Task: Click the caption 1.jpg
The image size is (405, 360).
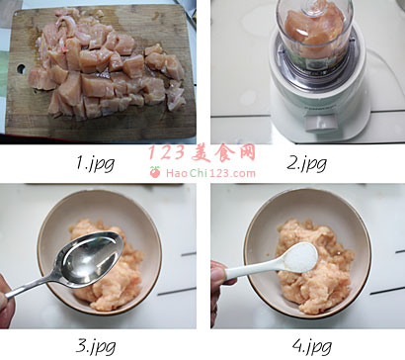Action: (96, 163)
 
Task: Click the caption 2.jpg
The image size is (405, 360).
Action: (306, 163)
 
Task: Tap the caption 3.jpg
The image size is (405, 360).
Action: (96, 346)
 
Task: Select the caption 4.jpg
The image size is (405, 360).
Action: (311, 346)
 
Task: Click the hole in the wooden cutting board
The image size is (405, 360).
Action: (21, 69)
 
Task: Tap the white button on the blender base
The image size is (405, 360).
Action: (321, 123)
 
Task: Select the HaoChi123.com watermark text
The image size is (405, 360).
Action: (210, 173)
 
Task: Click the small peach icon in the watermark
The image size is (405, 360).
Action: (155, 172)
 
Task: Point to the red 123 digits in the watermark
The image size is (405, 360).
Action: (166, 152)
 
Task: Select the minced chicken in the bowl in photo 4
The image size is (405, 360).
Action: (313, 265)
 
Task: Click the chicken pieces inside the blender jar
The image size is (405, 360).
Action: (314, 32)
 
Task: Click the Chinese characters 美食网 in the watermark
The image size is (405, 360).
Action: (223, 152)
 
